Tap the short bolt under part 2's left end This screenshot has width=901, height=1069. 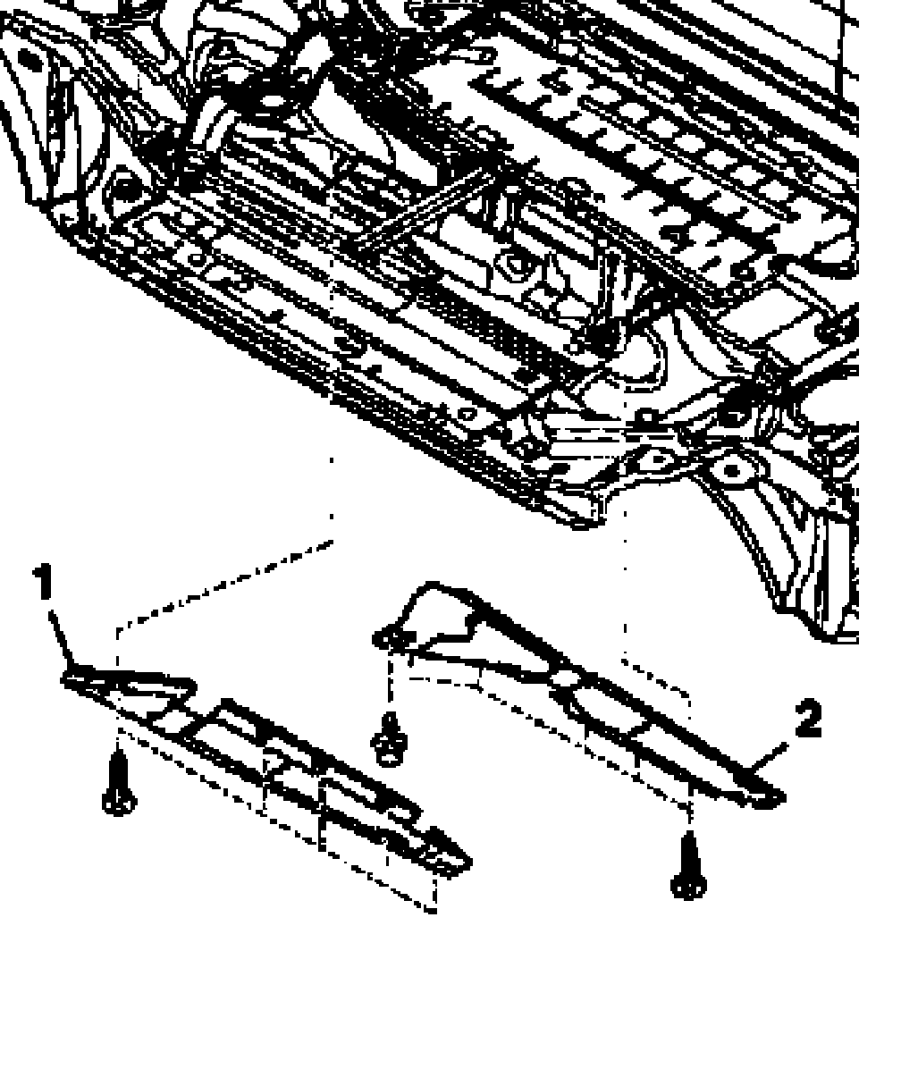[x=389, y=737]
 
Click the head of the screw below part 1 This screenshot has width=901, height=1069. [x=118, y=801]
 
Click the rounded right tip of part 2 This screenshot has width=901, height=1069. [x=769, y=796]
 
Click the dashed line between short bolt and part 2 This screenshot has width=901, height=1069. [x=390, y=684]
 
